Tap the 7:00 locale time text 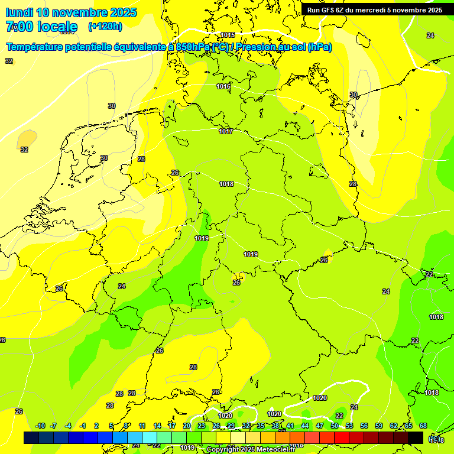coord(41,27)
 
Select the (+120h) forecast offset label coord(105,27)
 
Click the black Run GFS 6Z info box coord(374,9)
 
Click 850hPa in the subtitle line coord(193,47)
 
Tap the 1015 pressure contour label coord(228,35)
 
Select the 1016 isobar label coord(223,87)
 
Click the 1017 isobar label coord(226,131)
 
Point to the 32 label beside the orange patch coord(24,150)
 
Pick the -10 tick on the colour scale coord(40,426)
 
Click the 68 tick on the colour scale coord(423,426)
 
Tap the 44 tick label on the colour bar coord(305,426)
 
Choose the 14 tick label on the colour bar coord(157,426)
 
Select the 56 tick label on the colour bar coord(364,426)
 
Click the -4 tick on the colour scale coord(68,426)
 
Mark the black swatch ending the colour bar coord(416,437)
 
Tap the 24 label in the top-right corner coord(430,35)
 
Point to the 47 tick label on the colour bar coord(320,426)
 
